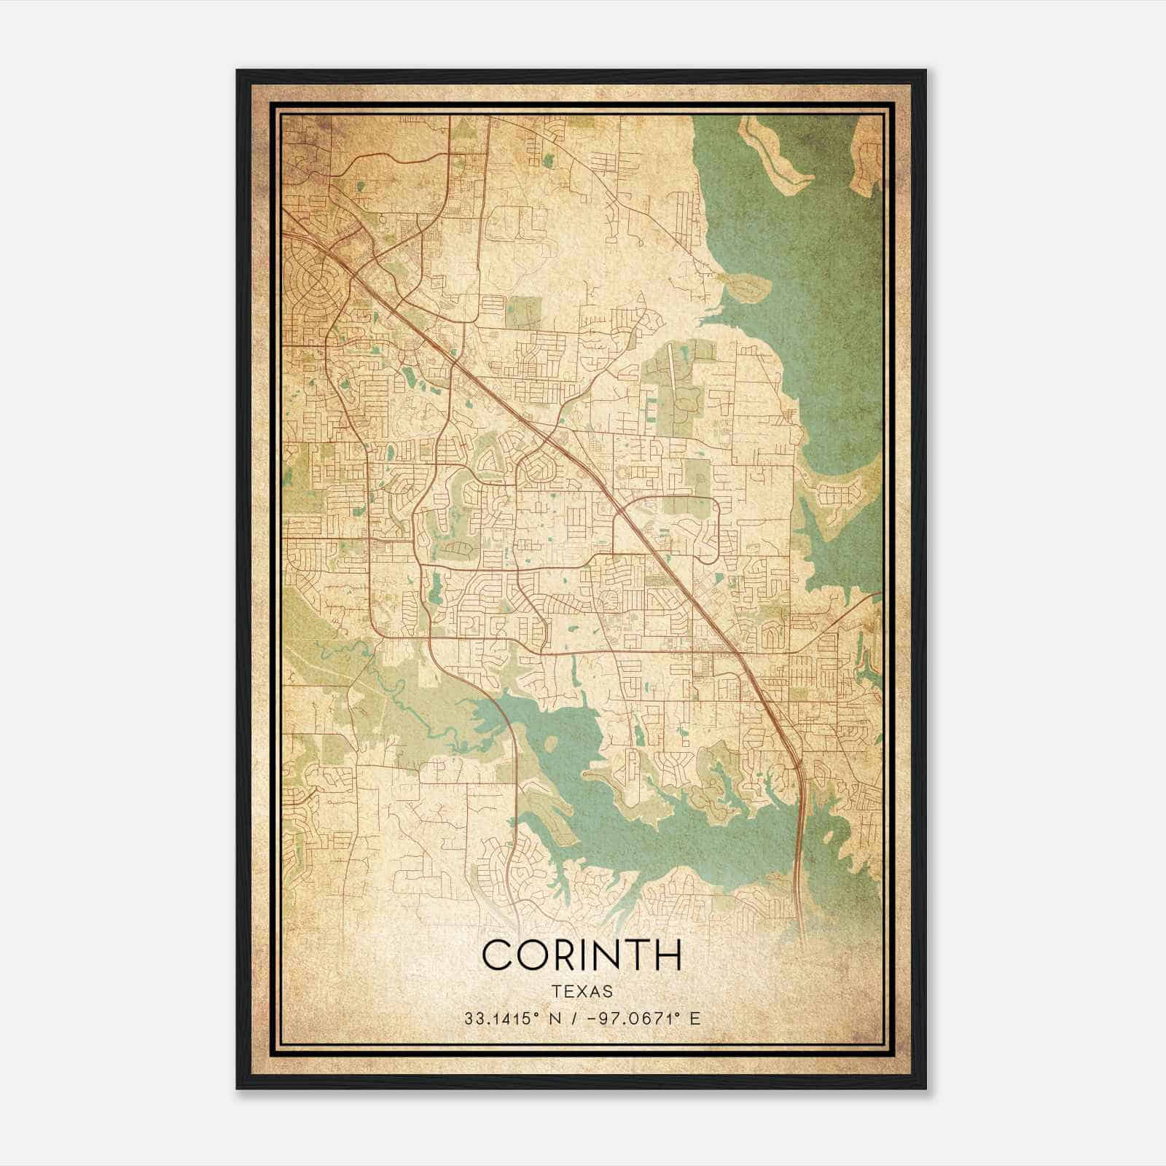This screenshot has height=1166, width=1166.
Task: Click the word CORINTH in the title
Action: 582,955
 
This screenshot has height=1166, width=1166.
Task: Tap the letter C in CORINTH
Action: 499,955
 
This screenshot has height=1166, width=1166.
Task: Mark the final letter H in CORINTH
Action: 668,955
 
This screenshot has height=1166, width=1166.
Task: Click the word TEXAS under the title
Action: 582,991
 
